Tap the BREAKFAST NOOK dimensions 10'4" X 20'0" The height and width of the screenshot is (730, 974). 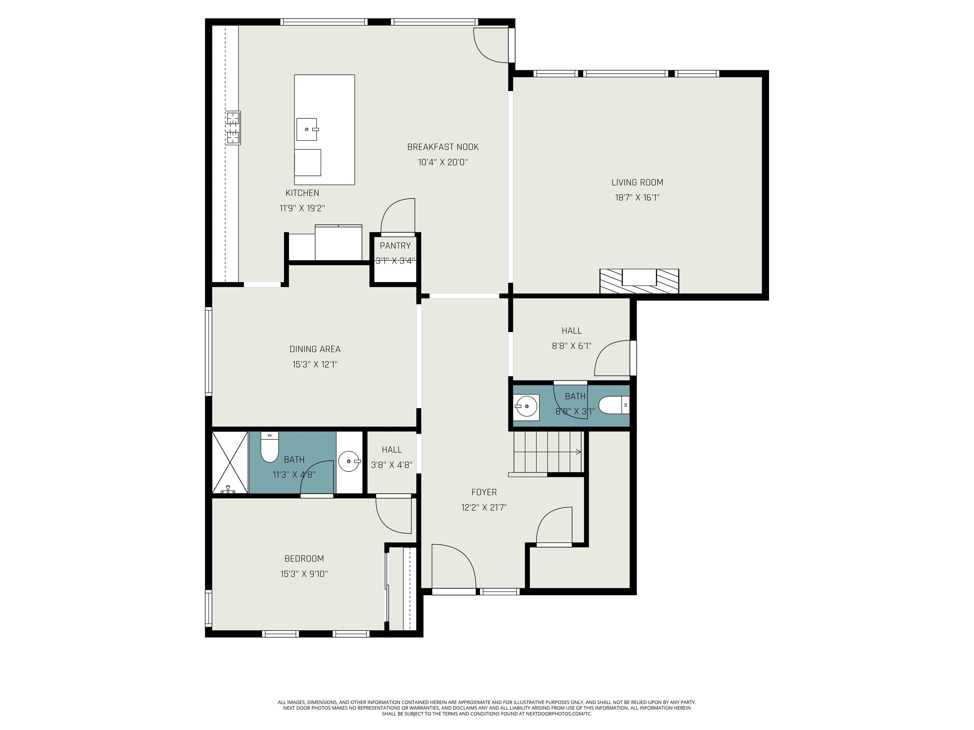[443, 162]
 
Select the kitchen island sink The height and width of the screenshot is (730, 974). [307, 129]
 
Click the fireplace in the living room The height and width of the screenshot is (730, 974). [639, 281]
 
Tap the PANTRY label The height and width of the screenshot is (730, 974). [395, 246]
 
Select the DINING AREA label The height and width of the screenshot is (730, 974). [315, 349]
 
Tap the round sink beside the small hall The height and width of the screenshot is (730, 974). [349, 462]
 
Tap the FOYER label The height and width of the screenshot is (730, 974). [484, 492]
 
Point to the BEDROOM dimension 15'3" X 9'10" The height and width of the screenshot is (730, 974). [304, 574]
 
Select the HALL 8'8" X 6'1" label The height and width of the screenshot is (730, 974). [572, 330]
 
